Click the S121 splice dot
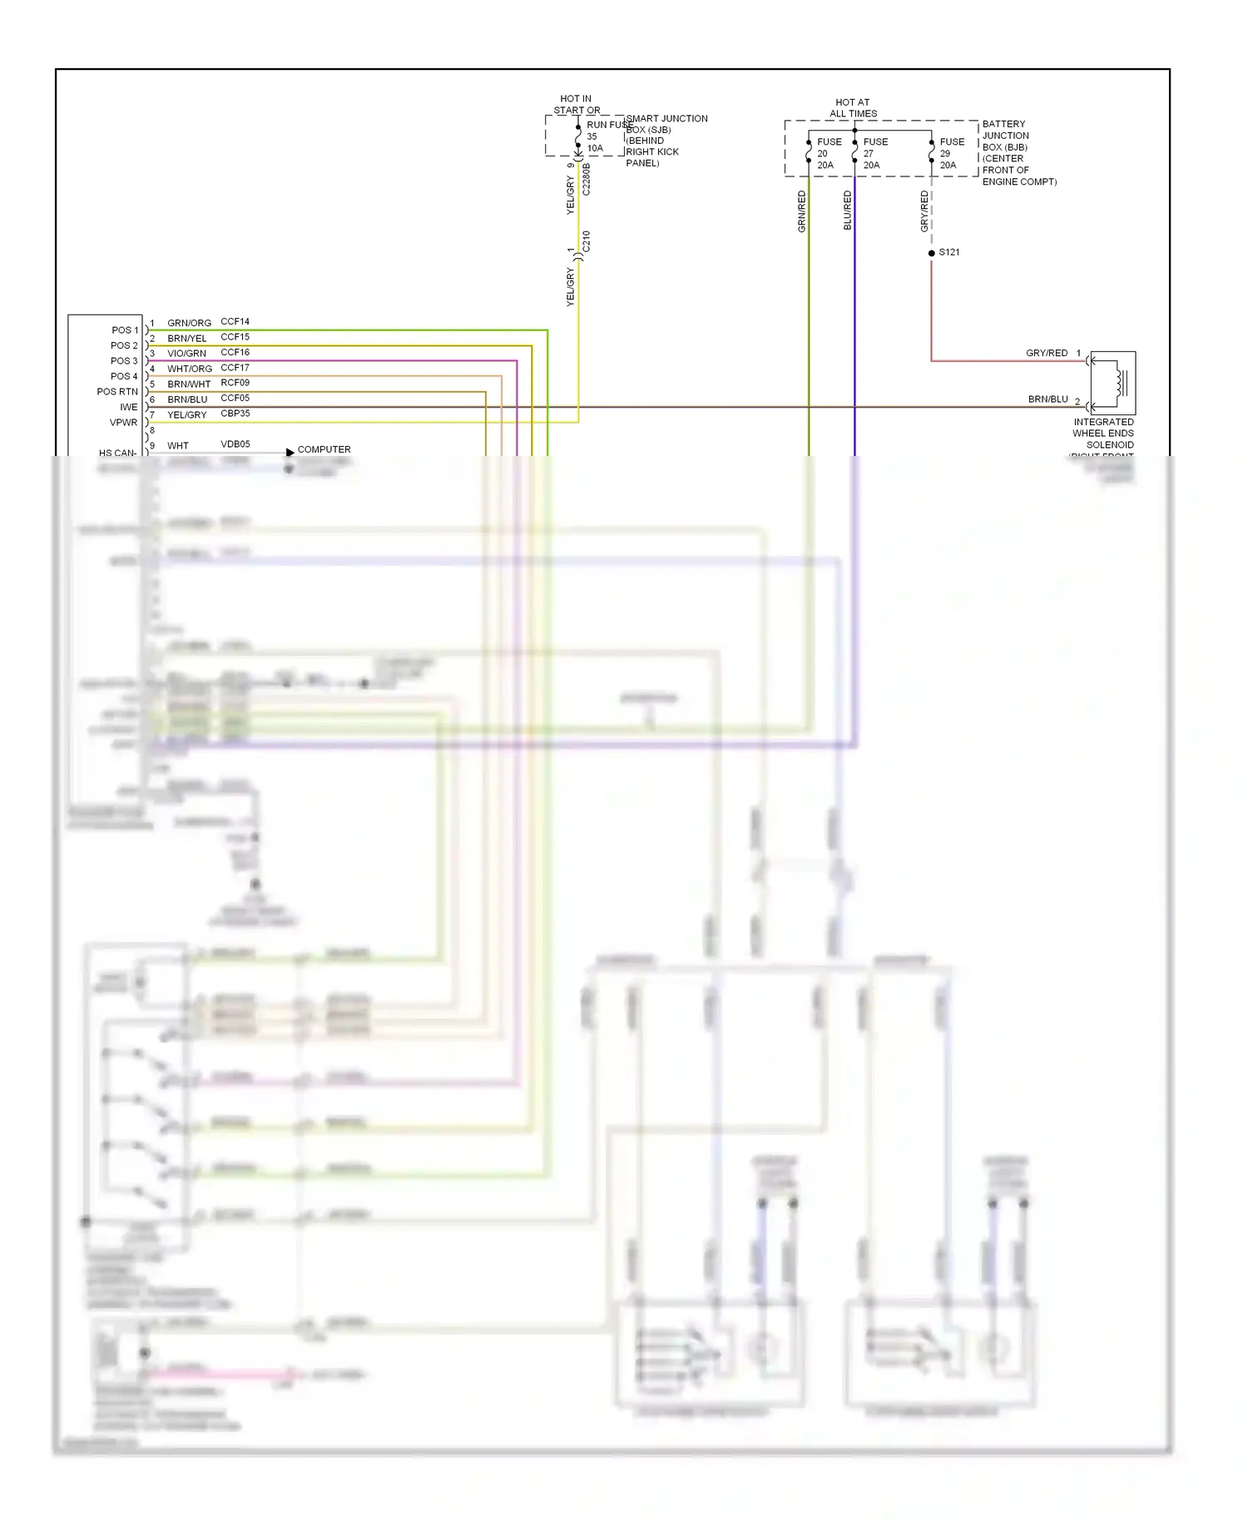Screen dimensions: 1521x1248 [931, 253]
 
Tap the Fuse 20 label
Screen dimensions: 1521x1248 [829, 153]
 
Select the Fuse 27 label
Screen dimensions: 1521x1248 [875, 153]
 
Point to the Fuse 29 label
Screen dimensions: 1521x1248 [952, 153]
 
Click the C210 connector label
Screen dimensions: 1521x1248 [587, 242]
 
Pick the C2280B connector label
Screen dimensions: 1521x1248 [587, 179]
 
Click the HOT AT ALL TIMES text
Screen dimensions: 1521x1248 [853, 108]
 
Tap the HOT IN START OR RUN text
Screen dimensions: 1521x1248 [577, 105]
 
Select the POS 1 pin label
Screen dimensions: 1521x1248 [125, 330]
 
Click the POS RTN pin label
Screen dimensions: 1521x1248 [117, 392]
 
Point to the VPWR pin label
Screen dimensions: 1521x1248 [123, 423]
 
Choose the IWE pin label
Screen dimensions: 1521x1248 [128, 407]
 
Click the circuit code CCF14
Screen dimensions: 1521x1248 [235, 321]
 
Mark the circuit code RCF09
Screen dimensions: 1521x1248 [235, 383]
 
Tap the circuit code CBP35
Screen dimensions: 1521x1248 [235, 414]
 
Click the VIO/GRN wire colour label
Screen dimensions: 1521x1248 [186, 354]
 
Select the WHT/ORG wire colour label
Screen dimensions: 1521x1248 [190, 369]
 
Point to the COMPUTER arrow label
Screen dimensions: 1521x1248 [324, 449]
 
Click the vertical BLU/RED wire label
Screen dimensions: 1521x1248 [848, 211]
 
